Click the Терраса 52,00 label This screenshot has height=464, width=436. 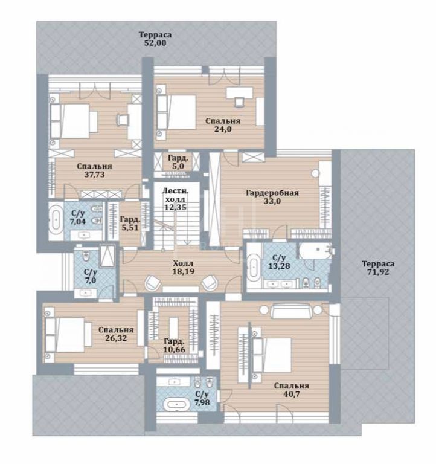click(155, 39)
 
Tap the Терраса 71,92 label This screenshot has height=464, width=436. click(378, 268)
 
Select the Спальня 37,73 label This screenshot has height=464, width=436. click(94, 170)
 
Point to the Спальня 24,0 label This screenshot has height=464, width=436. click(223, 125)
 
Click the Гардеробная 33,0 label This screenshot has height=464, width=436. click(272, 197)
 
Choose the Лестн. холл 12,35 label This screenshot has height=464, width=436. click(175, 199)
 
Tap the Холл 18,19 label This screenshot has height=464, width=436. click(184, 267)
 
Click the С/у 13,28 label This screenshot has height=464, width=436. click(279, 262)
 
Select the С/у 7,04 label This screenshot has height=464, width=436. click(78, 217)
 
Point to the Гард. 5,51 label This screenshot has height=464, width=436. click(130, 224)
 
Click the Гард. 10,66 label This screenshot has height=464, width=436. click(175, 346)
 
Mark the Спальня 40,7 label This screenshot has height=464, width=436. click(291, 390)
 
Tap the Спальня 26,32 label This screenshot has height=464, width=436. click(116, 333)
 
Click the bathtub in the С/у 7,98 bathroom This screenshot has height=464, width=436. click(177, 404)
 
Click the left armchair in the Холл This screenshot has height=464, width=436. click(153, 283)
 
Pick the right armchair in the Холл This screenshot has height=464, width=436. click(209, 283)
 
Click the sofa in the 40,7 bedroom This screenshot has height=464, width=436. click(290, 311)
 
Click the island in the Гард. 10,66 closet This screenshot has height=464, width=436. click(174, 327)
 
